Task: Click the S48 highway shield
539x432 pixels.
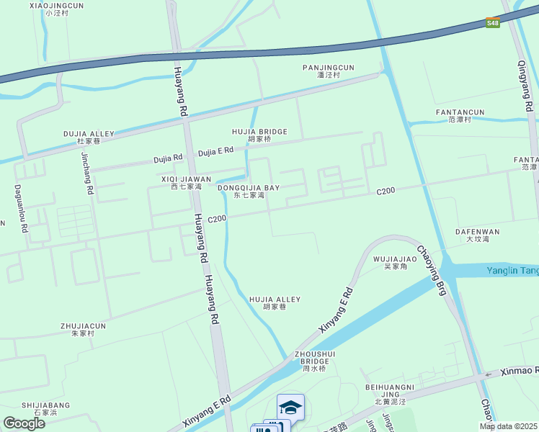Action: tap(492, 23)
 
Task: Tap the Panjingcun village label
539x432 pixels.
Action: tap(328, 71)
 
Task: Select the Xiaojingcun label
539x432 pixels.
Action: tap(57, 9)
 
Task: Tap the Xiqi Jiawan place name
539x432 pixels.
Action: tap(186, 182)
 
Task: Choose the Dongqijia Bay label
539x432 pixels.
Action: tap(249, 191)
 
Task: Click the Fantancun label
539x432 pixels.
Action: tap(460, 116)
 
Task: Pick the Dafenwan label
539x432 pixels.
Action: tap(477, 235)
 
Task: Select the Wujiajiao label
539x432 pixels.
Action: tap(395, 262)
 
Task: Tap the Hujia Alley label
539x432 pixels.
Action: tap(275, 302)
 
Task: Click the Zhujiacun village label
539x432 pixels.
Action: tap(83, 329)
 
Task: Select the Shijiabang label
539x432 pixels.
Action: tap(46, 409)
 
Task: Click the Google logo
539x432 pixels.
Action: tap(24, 423)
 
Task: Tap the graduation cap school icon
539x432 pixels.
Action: tap(290, 408)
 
